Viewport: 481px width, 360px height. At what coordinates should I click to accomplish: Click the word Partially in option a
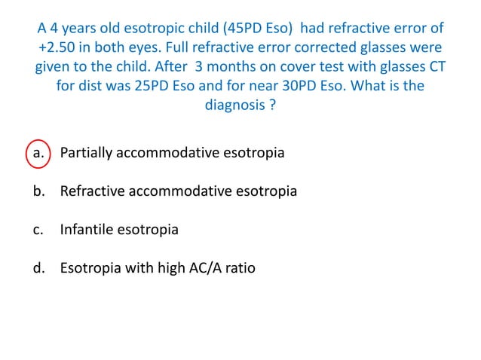coord(87,153)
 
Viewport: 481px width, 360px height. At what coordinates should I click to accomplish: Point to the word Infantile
coord(88,229)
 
